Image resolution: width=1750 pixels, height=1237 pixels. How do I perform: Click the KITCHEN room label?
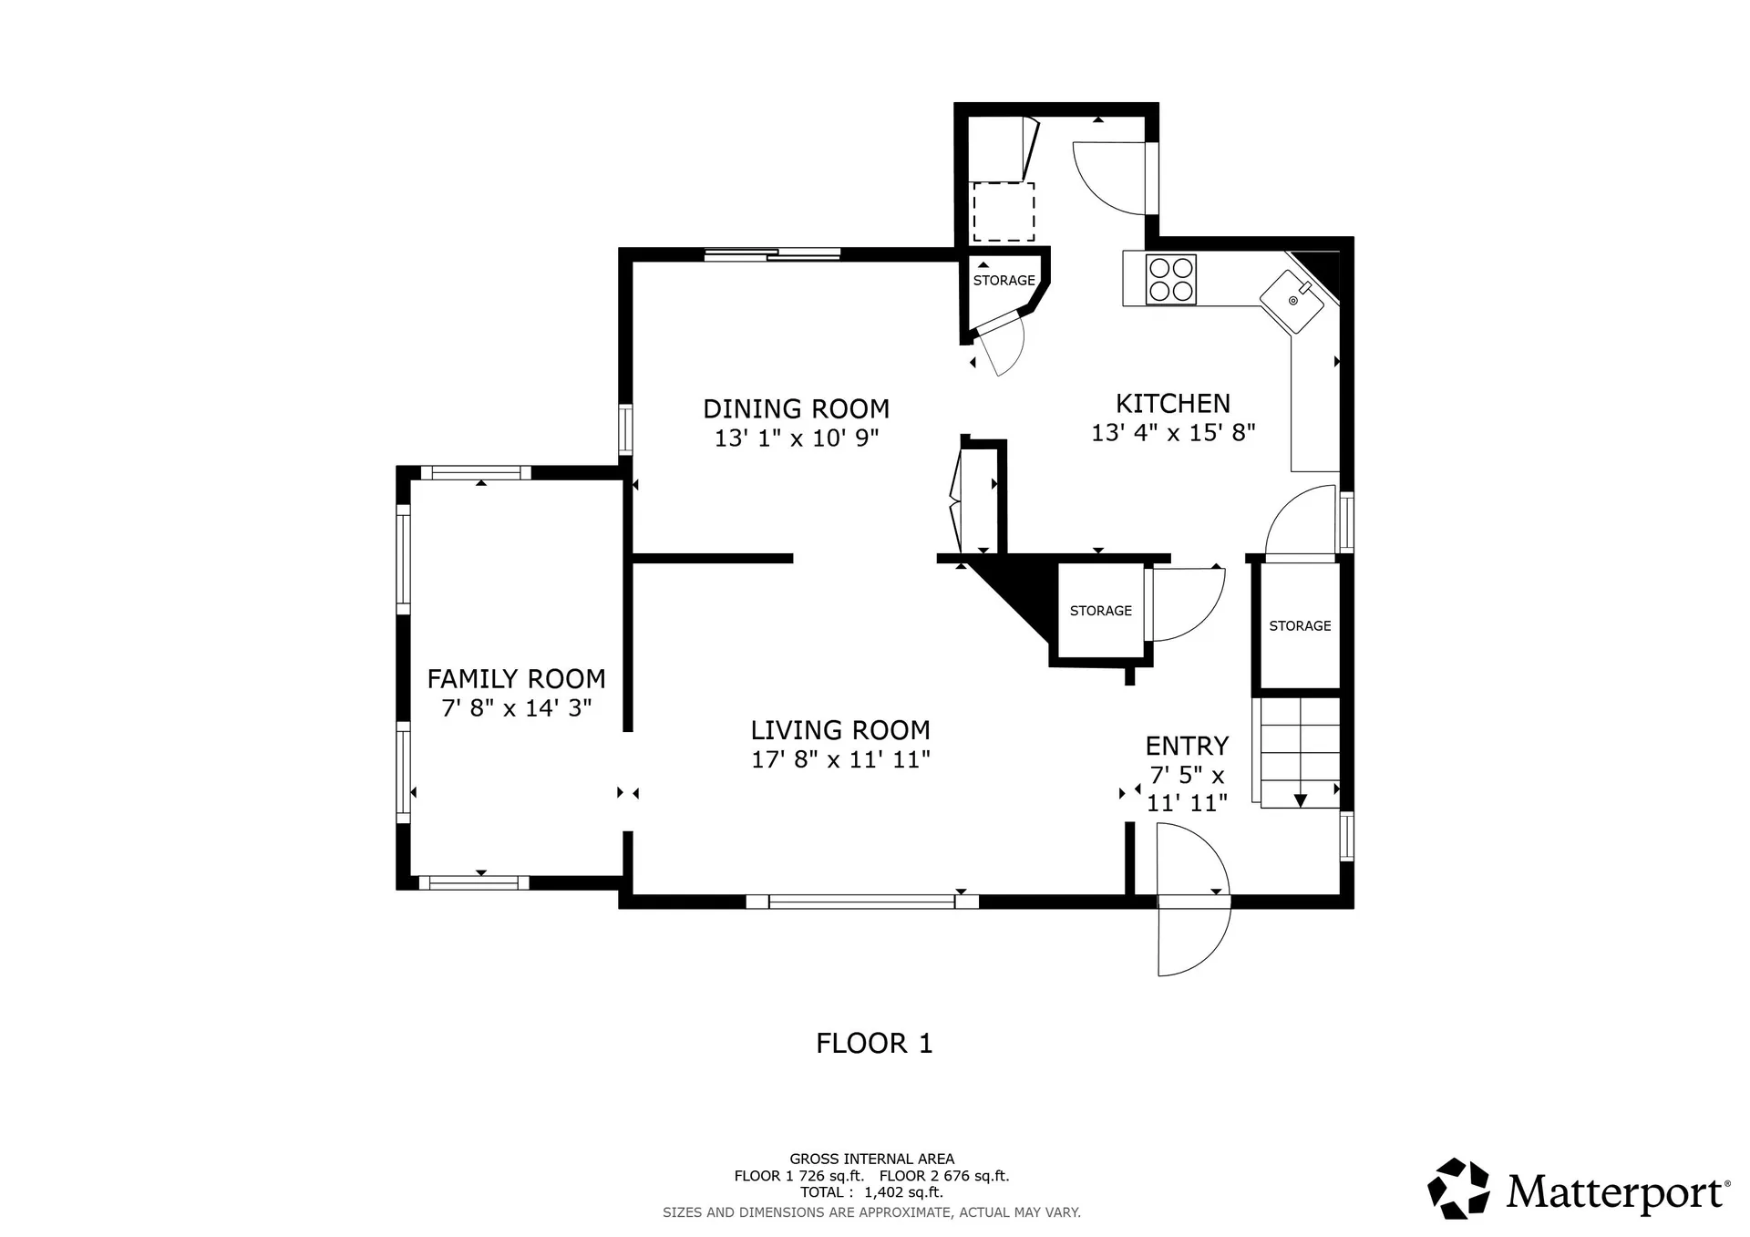tap(1173, 403)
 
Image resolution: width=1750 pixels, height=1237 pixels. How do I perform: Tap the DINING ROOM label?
tap(797, 408)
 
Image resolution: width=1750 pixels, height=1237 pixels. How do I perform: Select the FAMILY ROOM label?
tap(517, 678)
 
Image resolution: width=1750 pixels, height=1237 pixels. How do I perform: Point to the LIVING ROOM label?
tap(840, 729)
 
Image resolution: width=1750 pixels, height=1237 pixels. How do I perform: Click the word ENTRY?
tap(1187, 746)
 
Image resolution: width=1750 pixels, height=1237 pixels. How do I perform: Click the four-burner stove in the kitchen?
tap(1171, 279)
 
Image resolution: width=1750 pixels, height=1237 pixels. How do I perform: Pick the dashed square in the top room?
tap(1004, 211)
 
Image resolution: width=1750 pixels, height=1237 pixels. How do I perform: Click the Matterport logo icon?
tap(1458, 1189)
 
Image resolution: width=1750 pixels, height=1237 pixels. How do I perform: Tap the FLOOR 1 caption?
tap(874, 1043)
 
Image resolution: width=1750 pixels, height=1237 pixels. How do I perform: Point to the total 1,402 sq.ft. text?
tap(871, 1192)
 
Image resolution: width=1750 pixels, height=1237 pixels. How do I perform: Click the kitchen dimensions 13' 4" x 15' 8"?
tap(1173, 432)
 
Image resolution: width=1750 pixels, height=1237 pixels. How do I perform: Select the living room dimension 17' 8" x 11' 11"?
tap(840, 759)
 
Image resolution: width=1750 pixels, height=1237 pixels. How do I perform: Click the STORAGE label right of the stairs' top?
tap(1300, 625)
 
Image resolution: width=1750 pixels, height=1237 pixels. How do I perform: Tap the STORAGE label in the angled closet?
tap(1004, 280)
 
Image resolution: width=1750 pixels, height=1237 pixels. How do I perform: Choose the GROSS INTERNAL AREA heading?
tap(871, 1160)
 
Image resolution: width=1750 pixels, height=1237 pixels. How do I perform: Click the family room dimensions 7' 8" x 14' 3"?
tap(517, 707)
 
